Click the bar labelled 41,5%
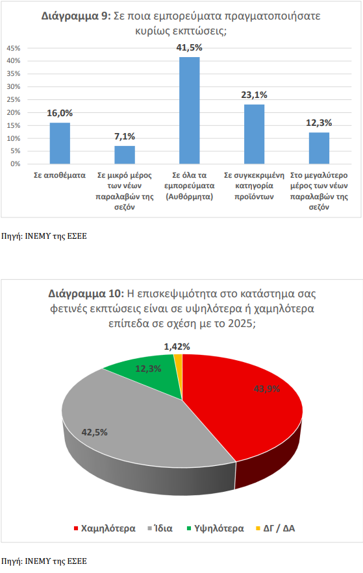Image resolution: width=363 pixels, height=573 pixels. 190,110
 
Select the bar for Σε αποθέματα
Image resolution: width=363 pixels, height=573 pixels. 60,143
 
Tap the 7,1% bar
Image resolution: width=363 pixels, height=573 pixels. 125,155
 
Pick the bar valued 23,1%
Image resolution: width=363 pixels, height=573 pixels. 254,134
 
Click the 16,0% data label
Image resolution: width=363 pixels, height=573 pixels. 60,114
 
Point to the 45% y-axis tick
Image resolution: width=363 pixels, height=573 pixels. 14,48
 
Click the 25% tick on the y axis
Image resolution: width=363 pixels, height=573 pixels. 14,99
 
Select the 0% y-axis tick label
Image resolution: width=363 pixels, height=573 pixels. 16,164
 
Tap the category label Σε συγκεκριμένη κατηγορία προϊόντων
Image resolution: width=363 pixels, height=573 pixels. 254,186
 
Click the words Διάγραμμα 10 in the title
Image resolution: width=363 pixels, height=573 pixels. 86,294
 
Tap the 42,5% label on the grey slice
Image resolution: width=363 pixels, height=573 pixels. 94,433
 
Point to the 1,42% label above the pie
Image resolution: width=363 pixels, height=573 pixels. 177,347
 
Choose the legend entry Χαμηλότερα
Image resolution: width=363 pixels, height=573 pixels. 105,528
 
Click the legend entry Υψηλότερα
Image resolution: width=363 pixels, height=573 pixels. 215,528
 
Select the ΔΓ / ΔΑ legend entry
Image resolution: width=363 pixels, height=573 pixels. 275,528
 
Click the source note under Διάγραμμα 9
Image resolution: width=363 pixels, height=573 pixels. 44,236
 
